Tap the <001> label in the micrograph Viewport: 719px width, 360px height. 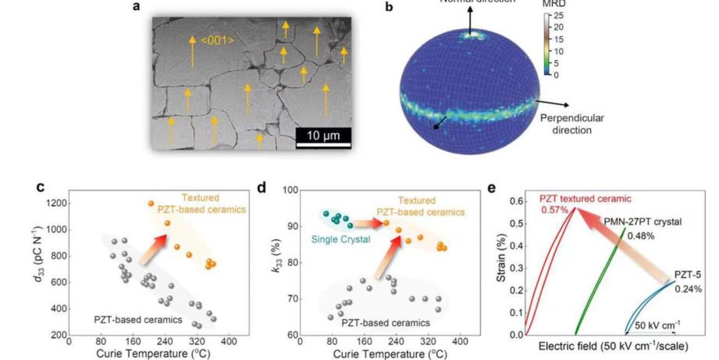tap(217, 40)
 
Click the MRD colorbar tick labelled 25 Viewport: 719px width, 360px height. tap(558, 15)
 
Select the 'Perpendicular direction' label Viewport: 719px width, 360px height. tap(571, 124)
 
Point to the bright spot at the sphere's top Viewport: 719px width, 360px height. tap(473, 35)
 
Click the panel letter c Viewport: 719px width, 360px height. tap(40, 187)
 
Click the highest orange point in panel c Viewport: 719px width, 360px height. tap(150, 204)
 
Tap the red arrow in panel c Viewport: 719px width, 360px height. tap(153, 248)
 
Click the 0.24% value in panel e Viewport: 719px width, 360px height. tap(688, 289)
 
